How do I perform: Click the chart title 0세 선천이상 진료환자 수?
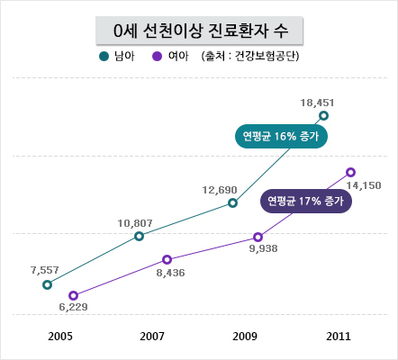click(201, 31)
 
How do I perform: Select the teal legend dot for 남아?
click(104, 57)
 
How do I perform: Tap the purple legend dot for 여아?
click(157, 57)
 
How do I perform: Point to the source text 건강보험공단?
click(266, 56)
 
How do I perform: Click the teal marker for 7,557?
click(47, 284)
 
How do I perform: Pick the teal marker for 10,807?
click(139, 236)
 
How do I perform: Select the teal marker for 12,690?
click(232, 203)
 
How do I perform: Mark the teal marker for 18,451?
click(323, 115)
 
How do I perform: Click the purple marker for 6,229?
click(73, 295)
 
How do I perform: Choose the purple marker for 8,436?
click(167, 259)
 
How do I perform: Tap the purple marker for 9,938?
click(258, 238)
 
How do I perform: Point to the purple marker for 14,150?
click(350, 172)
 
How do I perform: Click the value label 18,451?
click(317, 103)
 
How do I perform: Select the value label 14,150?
click(364, 185)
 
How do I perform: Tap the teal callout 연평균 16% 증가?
click(281, 137)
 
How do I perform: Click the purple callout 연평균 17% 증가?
click(305, 201)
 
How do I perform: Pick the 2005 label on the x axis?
click(60, 337)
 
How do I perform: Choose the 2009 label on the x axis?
click(245, 337)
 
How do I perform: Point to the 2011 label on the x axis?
click(339, 337)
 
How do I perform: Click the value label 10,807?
click(135, 223)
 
